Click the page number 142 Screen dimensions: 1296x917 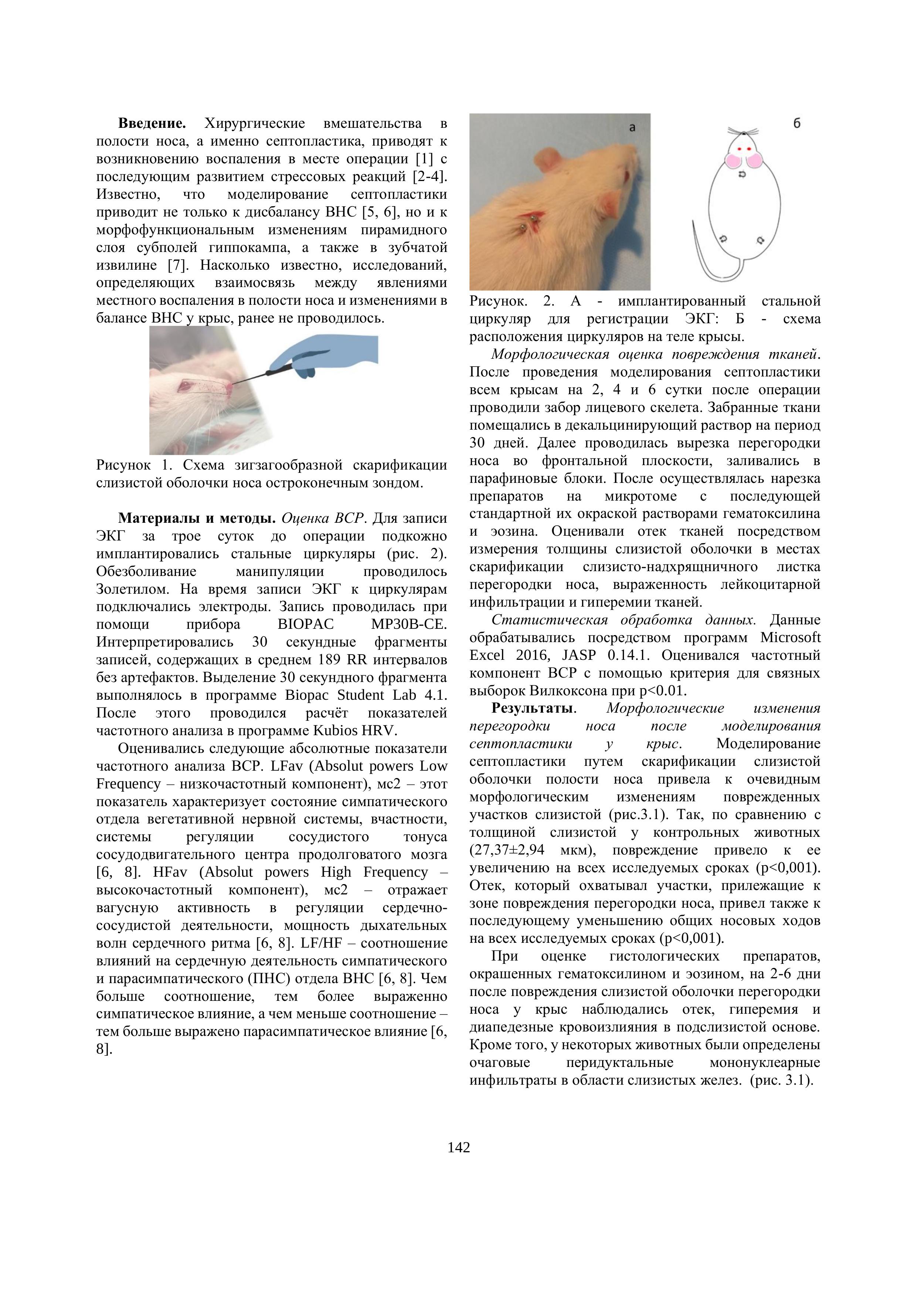(458, 1147)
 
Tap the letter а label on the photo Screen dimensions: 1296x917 (632, 128)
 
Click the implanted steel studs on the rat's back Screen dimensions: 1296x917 (528, 221)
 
